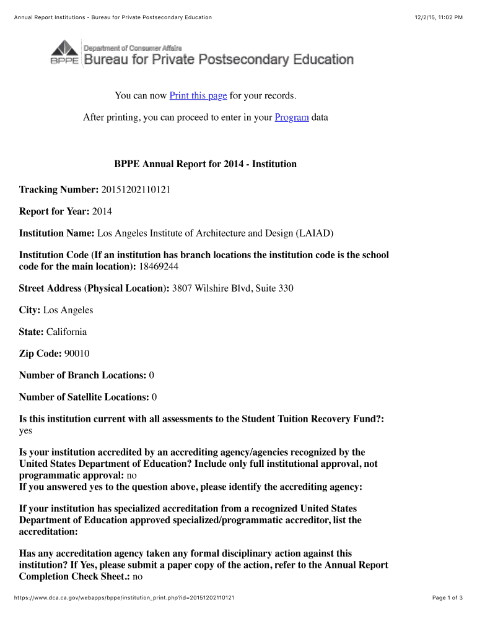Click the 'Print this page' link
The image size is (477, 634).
pos(198,95)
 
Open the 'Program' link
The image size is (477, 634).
pos(292,117)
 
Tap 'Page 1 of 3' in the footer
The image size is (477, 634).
pos(447,597)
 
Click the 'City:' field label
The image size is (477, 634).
pos(30,310)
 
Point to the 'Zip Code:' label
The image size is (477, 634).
pos(40,353)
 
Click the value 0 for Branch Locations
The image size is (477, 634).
pos(152,375)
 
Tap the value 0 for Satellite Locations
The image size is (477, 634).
pos(154,396)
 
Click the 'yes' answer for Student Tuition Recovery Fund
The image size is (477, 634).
pos(25,430)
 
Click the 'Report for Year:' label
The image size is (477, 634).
pos(54,211)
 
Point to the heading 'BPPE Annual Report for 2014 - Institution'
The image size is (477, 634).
pos(205,164)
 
